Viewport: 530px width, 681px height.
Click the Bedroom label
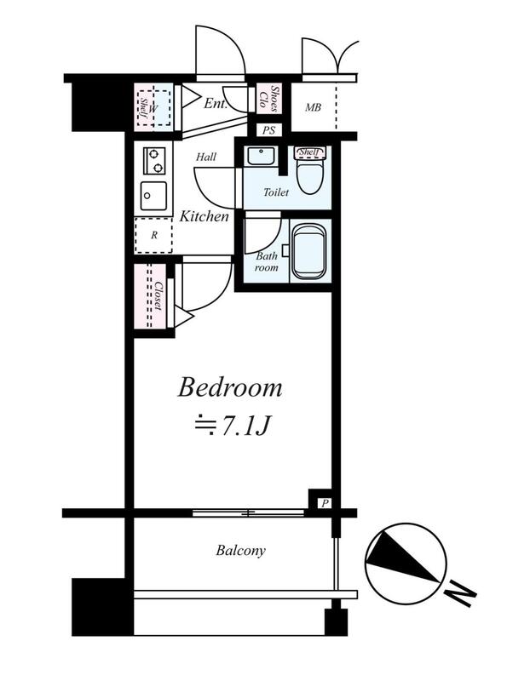pos(230,387)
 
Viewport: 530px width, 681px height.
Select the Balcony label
pos(240,551)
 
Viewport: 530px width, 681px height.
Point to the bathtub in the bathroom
pos(309,251)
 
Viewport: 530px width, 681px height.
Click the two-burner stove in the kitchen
pos(154,161)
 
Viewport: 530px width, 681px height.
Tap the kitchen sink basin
pos(153,196)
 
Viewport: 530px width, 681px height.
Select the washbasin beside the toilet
pos(261,156)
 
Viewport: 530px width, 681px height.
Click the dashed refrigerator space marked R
pos(153,235)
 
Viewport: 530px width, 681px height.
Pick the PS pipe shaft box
pos(269,130)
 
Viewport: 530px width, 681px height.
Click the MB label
pos(313,107)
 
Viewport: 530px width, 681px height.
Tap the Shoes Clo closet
pos(269,99)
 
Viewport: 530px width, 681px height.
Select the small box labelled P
pos(324,503)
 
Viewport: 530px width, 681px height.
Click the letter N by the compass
pos(460,592)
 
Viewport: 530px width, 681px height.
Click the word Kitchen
pos(204,216)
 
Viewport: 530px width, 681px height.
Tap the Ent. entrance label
pos(216,104)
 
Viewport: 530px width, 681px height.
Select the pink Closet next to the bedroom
pos(150,295)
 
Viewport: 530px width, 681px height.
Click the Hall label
pos(206,157)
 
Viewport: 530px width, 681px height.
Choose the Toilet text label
pos(276,192)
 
